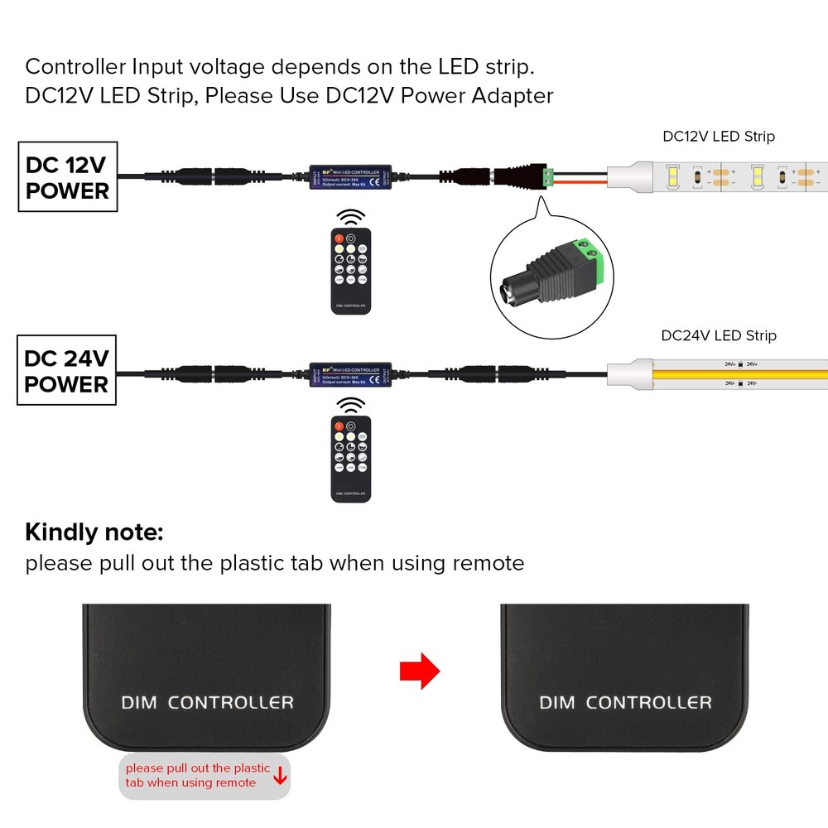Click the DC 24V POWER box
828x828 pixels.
pos(66,372)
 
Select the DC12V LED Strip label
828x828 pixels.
pos(719,137)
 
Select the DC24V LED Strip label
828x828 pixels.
pos(719,335)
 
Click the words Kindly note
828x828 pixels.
pos(94,532)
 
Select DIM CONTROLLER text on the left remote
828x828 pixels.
pos(207,703)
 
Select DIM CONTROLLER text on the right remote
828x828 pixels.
pos(625,703)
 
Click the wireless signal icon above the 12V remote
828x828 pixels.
pos(352,217)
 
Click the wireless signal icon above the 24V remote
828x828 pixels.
pos(352,406)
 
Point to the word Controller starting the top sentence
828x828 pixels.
pos(75,66)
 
